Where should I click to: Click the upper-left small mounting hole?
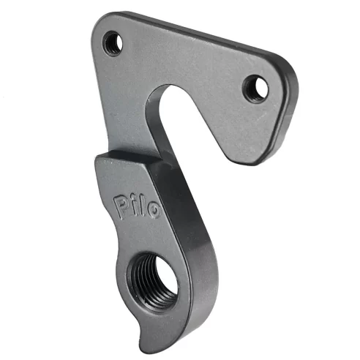113,42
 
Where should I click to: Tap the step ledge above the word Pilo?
128,157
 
